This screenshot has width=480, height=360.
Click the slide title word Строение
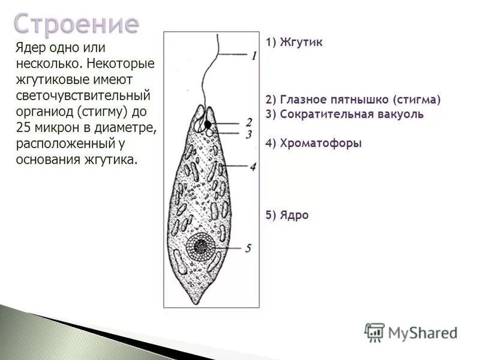(x=76, y=24)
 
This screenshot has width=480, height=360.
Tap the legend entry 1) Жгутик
(x=294, y=43)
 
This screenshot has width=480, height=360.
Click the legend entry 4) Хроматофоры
(x=314, y=143)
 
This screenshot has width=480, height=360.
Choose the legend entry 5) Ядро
(x=287, y=215)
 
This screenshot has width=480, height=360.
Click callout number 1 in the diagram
(x=254, y=56)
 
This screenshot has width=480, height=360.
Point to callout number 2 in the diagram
(x=249, y=122)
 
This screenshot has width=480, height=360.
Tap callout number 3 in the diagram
(x=248, y=134)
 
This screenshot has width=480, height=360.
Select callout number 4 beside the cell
(x=253, y=167)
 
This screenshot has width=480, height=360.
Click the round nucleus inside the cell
(x=201, y=247)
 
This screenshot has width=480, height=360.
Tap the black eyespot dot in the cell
(x=208, y=125)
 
